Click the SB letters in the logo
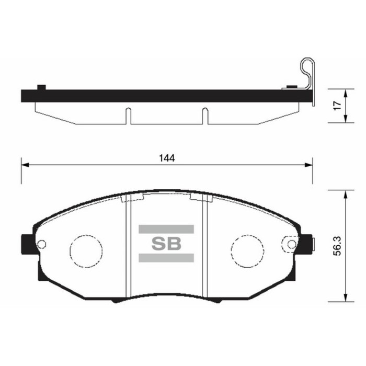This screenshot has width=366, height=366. click(x=166, y=243)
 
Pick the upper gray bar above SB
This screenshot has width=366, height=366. click(x=166, y=229)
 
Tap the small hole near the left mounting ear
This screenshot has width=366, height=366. click(x=42, y=243)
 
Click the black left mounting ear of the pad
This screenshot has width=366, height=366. click(x=25, y=243)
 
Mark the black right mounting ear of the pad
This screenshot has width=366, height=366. click(x=308, y=244)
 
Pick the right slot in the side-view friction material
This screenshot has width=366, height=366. click(x=205, y=116)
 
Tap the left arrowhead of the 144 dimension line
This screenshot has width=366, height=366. click(x=24, y=165)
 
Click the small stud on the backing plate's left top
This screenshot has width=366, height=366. click(x=40, y=87)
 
